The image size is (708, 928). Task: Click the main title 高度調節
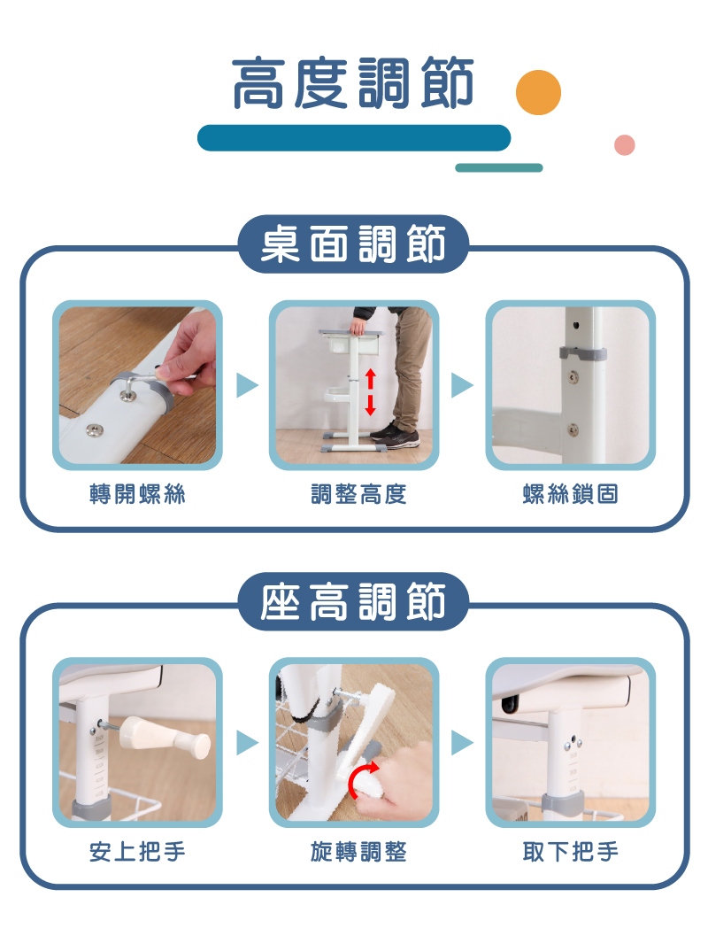(353, 83)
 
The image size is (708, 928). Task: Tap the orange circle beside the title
(538, 92)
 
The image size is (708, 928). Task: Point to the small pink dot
(625, 145)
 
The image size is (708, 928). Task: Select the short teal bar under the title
(498, 167)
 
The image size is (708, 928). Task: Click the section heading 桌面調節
(353, 244)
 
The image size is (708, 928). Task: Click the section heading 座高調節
(353, 601)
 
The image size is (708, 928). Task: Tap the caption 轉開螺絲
(137, 493)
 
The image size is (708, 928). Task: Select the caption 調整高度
(358, 493)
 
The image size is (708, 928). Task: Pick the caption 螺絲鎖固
(570, 493)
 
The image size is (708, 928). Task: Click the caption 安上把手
(137, 852)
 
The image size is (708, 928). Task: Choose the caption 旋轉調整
(358, 852)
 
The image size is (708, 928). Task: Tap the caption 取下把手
(570, 852)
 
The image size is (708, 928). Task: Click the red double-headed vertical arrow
(370, 391)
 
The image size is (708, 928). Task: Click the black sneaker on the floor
(396, 436)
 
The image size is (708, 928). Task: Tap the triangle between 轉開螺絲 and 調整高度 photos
(247, 385)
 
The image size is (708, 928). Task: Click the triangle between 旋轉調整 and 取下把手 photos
(462, 743)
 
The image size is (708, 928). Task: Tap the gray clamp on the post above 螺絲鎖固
(583, 354)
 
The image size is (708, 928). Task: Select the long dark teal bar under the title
(354, 138)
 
